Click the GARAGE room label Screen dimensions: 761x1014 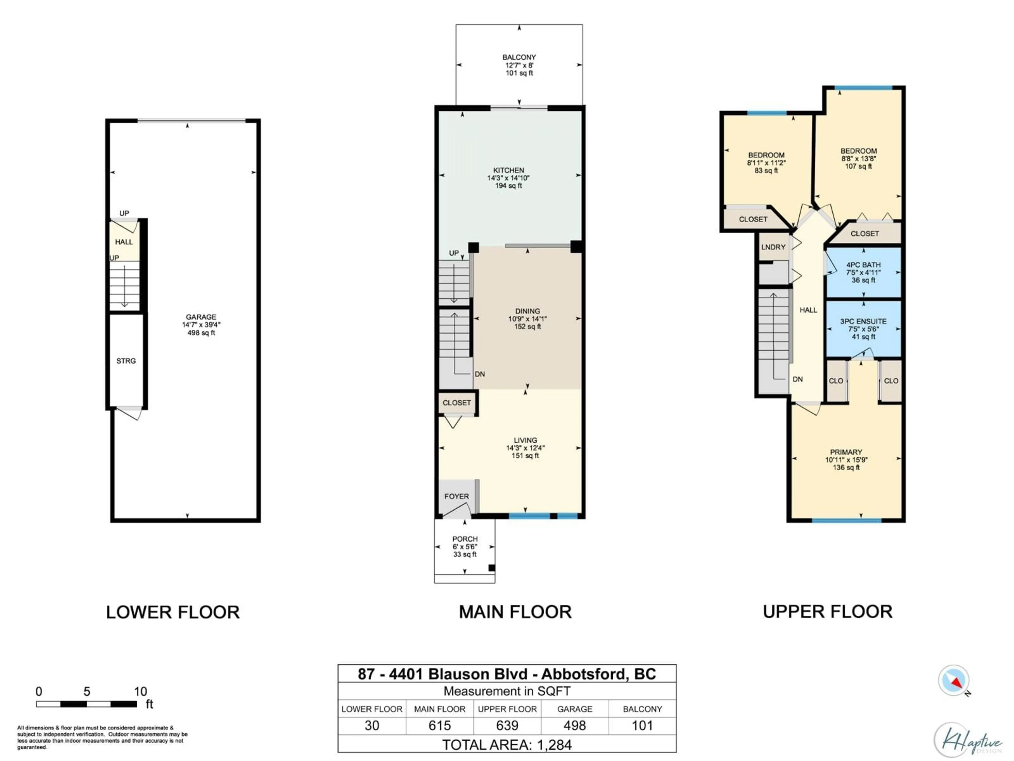(x=201, y=317)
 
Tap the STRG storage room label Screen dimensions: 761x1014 (x=126, y=361)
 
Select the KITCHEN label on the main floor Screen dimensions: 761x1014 (x=508, y=170)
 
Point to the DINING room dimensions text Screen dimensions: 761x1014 (x=527, y=319)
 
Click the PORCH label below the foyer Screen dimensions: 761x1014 (x=465, y=539)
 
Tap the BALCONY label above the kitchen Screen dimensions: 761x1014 (x=519, y=57)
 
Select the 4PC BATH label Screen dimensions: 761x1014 (x=863, y=265)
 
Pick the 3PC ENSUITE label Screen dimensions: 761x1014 (x=863, y=322)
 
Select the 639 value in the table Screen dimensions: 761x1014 (x=507, y=725)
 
